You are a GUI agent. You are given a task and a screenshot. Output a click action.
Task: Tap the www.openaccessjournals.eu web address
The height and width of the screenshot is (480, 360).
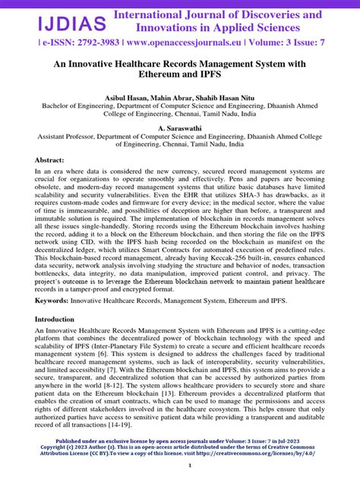(x=173, y=43)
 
